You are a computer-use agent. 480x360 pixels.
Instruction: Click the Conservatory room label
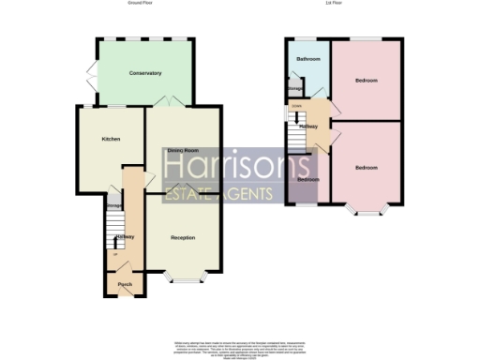pos(146,72)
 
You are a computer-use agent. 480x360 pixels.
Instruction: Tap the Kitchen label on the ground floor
pos(112,139)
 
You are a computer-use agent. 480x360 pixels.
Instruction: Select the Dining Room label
pos(182,150)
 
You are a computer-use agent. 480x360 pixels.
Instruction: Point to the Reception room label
pos(183,237)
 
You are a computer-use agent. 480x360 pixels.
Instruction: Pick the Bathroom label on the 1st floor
pos(308,59)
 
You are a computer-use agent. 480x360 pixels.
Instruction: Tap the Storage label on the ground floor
pos(113,205)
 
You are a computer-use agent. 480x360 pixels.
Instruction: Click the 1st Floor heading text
pos(345,4)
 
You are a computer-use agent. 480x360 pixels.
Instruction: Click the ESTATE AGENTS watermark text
pos(218,195)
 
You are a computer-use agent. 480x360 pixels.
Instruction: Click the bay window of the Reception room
pos(183,278)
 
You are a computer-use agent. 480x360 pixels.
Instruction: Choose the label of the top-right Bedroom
pos(367,81)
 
